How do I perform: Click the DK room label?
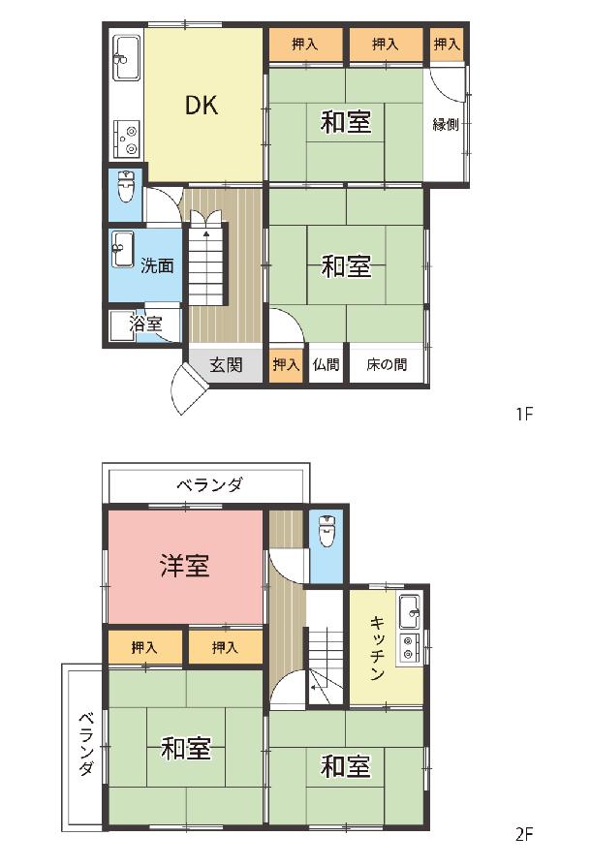click(202, 105)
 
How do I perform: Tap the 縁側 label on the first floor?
click(446, 124)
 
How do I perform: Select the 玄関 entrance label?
click(226, 364)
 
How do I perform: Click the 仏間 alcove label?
click(326, 364)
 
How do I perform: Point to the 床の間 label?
click(387, 364)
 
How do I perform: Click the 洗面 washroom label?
click(157, 265)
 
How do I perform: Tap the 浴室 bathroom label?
click(145, 324)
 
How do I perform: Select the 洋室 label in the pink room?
click(185, 566)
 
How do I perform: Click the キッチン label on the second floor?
click(377, 648)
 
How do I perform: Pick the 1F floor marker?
click(523, 414)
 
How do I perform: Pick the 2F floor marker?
click(523, 834)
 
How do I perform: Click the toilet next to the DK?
click(126, 187)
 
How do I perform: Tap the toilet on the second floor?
click(327, 531)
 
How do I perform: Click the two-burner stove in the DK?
click(127, 139)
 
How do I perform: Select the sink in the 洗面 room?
click(123, 249)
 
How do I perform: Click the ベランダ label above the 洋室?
click(209, 485)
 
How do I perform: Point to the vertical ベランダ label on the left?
click(85, 744)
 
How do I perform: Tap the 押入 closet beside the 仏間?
click(287, 364)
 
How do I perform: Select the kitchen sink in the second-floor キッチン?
click(410, 612)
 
